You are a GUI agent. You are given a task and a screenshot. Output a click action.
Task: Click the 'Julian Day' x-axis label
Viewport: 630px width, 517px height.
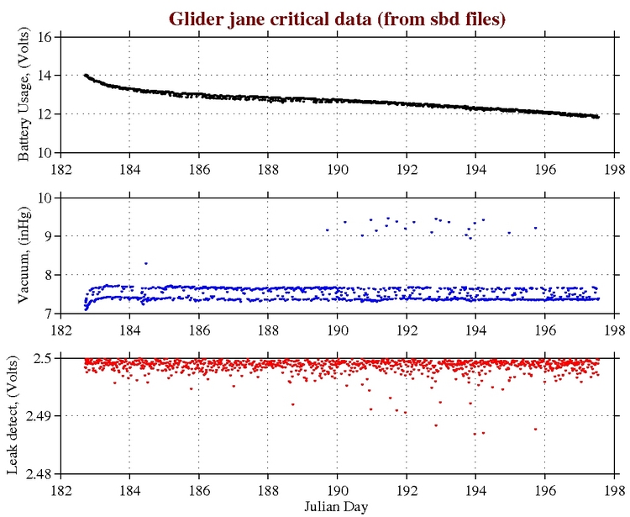pyautogui.click(x=337, y=507)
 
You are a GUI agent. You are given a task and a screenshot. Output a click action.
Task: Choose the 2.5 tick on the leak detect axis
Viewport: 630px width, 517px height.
pyautogui.click(x=46, y=358)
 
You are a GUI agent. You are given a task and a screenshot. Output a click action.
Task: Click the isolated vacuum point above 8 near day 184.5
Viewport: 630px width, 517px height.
pyautogui.click(x=146, y=263)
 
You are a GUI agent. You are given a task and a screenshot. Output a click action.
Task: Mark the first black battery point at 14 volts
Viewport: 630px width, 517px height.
pyautogui.click(x=85, y=75)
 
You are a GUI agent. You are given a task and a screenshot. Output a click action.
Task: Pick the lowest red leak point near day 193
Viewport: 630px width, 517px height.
pyautogui.click(x=436, y=425)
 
